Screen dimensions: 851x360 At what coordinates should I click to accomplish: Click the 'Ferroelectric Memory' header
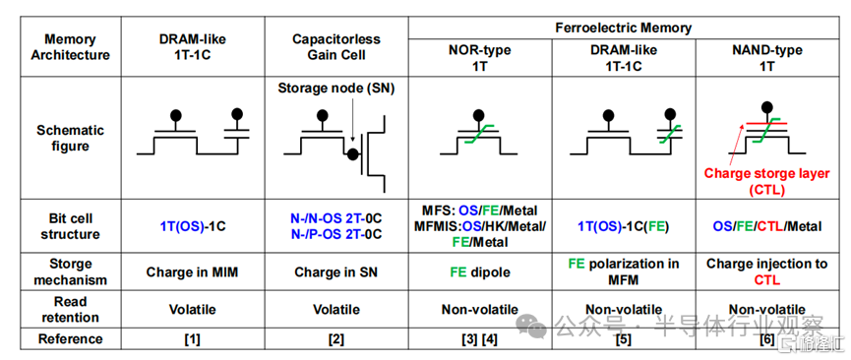tap(623, 28)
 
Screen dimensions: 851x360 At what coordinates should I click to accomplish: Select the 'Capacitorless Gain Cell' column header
tap(336, 46)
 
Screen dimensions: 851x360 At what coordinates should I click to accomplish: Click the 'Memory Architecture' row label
tap(70, 46)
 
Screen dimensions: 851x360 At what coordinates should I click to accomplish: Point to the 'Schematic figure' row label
tap(70, 138)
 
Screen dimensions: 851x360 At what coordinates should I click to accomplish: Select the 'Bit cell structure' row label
tap(70, 226)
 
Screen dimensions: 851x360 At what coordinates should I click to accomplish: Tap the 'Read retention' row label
tap(70, 309)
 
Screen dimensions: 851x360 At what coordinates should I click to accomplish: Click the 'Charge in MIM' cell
tap(192, 272)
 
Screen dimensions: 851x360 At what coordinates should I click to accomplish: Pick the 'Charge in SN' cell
tap(335, 272)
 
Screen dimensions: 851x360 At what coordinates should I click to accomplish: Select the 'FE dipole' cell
tap(480, 272)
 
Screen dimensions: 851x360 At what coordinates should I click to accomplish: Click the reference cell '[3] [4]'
tap(480, 339)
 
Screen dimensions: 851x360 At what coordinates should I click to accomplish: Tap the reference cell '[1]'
tap(192, 339)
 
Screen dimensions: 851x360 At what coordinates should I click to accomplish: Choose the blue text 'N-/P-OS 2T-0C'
tap(335, 234)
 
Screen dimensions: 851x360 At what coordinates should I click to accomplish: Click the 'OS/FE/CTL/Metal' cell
tap(767, 226)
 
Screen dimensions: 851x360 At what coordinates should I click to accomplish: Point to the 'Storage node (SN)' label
tap(336, 88)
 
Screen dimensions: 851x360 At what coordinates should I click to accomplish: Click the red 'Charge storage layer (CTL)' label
tap(766, 182)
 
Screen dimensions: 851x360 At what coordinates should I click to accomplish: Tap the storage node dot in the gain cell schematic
tap(352, 154)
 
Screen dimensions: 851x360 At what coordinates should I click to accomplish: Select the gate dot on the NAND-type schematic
tap(766, 106)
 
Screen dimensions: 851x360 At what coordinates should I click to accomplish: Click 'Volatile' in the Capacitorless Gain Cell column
tap(335, 310)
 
